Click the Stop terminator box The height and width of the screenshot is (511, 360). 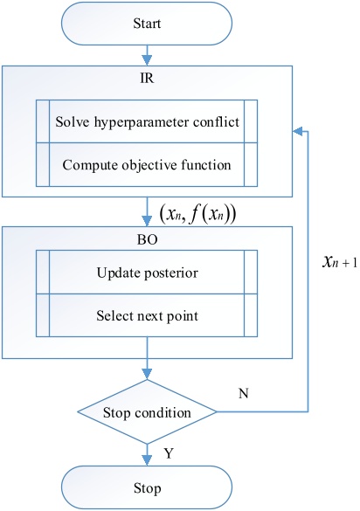[147, 483]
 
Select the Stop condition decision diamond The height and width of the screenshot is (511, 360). [147, 411]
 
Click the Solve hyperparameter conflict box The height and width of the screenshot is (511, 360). [147, 124]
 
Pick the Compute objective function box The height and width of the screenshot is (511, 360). [147, 162]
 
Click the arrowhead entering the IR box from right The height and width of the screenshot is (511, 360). [298, 132]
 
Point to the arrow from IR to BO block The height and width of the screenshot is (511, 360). [147, 211]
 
